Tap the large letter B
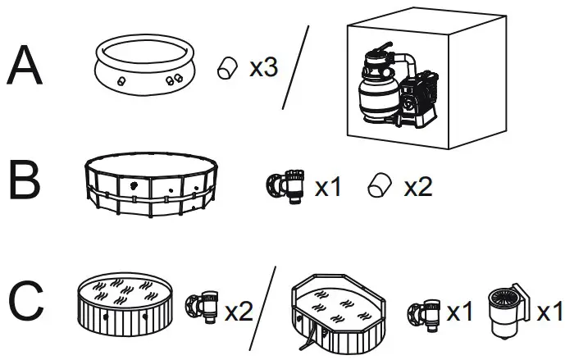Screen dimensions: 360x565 [25, 181]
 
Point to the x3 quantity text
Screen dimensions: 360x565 [263, 68]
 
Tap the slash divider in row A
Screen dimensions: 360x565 [296, 67]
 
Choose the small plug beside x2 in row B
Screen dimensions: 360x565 [379, 187]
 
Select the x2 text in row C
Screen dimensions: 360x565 [239, 312]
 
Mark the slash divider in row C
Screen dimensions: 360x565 [262, 308]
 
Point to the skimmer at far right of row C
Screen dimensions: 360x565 [507, 312]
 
